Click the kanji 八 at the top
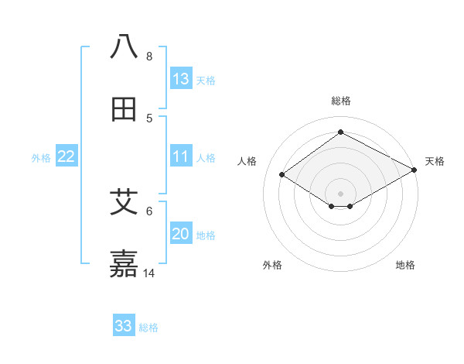coord(125,46)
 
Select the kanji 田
coord(125,109)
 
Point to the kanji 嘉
coord(125,264)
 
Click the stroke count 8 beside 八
coord(149,57)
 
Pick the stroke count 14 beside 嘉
coord(149,273)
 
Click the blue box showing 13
coord(180,79)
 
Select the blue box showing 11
coord(180,156)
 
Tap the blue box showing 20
coord(180,234)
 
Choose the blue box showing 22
coord(67,156)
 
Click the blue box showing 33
coord(124,326)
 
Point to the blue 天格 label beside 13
coord(206,80)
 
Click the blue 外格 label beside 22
coord(41,157)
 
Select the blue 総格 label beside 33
coord(149,327)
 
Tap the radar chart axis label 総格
coord(341,101)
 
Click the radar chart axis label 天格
coord(435,161)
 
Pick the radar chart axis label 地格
coord(405,266)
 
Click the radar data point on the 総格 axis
coord(341,132)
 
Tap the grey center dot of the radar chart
coord(341,193)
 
